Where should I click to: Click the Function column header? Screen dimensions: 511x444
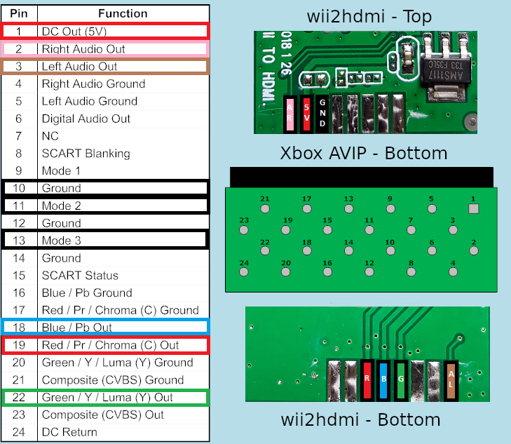pyautogui.click(x=123, y=14)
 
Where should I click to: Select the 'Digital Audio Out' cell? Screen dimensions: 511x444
pyautogui.click(x=123, y=119)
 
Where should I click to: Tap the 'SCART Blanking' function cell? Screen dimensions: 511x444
pyautogui.click(x=123, y=153)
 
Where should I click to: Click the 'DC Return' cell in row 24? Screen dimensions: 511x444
pyautogui.click(x=123, y=432)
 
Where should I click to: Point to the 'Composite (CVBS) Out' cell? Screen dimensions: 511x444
pyautogui.click(x=123, y=415)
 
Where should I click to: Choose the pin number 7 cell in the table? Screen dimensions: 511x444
pyautogui.click(x=19, y=136)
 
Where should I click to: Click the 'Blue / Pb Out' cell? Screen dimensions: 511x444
pyautogui.click(x=123, y=328)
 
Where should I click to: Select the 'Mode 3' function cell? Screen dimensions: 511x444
pyautogui.click(x=123, y=241)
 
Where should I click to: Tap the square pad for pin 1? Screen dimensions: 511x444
pyautogui.click(x=474, y=208)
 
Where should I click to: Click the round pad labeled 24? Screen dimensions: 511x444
pyautogui.click(x=244, y=272)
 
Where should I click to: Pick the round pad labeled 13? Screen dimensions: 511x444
pyautogui.click(x=348, y=208)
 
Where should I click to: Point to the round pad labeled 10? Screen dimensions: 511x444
pyautogui.click(x=390, y=250)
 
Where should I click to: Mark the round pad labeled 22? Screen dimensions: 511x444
pyautogui.click(x=265, y=250)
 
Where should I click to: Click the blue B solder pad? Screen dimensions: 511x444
pyautogui.click(x=383, y=379)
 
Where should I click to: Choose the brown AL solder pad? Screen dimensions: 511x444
pyautogui.click(x=451, y=379)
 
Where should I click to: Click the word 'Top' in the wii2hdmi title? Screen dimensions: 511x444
pyautogui.click(x=417, y=16)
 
